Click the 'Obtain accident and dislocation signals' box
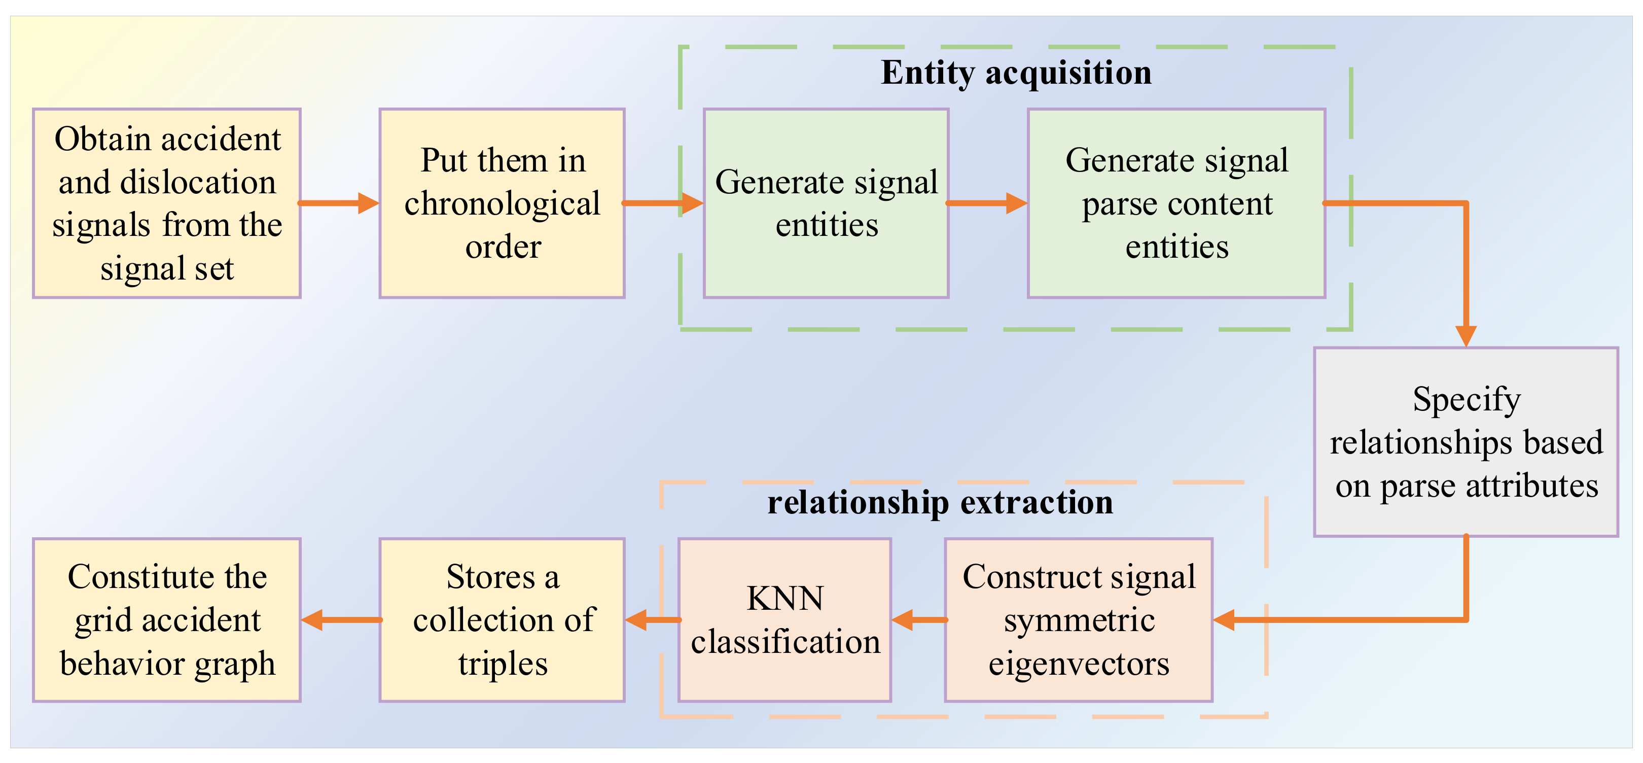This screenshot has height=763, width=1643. [x=166, y=203]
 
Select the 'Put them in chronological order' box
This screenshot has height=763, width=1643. [x=502, y=203]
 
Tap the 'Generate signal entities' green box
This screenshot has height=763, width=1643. [x=826, y=203]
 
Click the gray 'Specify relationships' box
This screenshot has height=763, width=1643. [x=1466, y=441]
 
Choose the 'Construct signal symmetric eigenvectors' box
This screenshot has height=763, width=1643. [x=1079, y=619]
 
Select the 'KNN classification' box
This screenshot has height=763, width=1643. [x=784, y=619]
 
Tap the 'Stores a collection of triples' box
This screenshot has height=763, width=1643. [x=502, y=619]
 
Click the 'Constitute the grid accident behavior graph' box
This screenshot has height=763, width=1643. [x=166, y=619]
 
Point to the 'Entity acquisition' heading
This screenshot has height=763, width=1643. [x=1016, y=73]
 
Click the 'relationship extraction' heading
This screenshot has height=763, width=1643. [x=940, y=502]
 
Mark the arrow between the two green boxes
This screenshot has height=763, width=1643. [x=987, y=203]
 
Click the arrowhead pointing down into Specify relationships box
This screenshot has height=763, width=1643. [x=1466, y=335]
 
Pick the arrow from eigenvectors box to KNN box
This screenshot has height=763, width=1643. [x=918, y=619]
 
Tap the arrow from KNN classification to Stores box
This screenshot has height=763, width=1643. [x=652, y=619]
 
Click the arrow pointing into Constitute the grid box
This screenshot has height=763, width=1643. [x=341, y=619]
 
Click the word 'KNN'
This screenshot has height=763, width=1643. [x=784, y=599]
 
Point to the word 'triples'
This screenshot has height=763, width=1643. [x=503, y=664]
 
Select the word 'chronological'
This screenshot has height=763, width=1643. [x=502, y=203]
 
